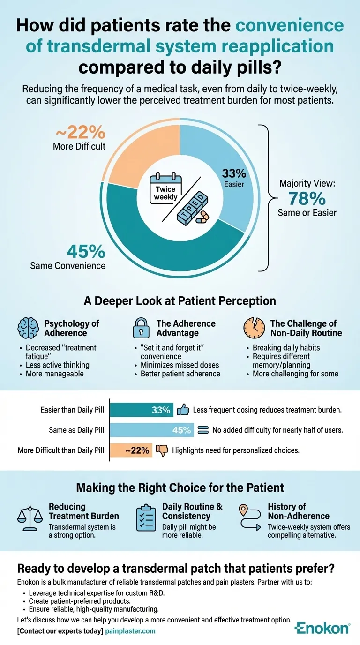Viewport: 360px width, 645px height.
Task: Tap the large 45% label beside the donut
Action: tap(86, 252)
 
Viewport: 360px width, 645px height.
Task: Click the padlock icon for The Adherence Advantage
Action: tap(141, 328)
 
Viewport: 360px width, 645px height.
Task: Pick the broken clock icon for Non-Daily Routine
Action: tap(255, 329)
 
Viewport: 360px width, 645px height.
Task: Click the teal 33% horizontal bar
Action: tap(142, 410)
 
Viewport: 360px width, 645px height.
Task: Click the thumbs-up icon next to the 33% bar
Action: tap(183, 410)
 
